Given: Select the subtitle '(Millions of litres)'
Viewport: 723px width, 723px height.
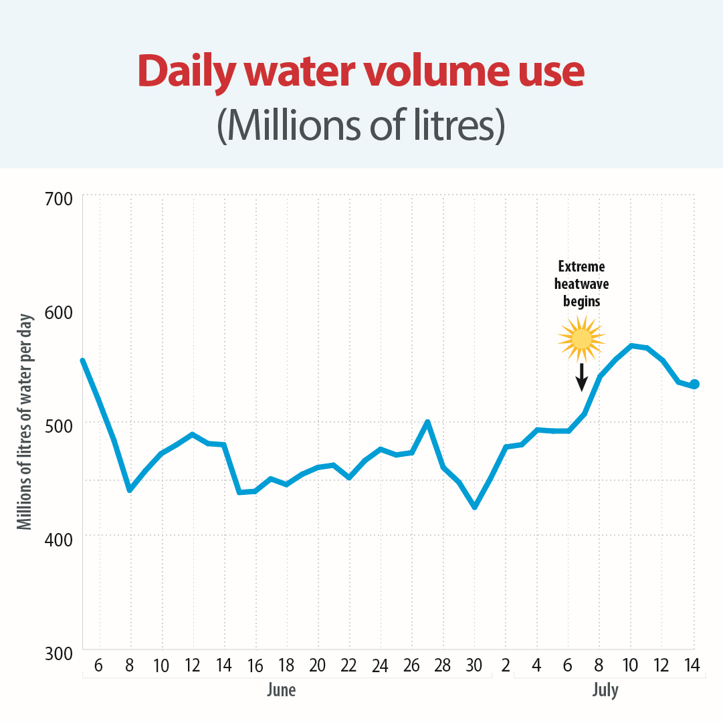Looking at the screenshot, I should tap(361, 125).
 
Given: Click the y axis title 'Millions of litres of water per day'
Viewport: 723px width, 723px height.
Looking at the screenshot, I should tap(25, 421).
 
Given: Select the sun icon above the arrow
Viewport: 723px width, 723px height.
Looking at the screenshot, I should tap(582, 339).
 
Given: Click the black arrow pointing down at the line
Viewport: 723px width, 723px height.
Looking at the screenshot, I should tap(582, 377).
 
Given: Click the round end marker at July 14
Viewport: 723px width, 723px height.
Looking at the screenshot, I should tap(694, 384).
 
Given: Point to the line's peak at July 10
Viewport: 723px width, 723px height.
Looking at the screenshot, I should tap(631, 346).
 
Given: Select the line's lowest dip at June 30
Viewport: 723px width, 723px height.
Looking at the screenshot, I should tap(475, 507).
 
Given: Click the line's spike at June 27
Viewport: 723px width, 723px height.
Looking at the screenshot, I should tap(427, 422).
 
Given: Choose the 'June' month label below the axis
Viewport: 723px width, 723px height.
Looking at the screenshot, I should tap(281, 690).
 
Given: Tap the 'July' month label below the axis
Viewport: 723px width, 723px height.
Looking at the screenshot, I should tap(605, 690).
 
